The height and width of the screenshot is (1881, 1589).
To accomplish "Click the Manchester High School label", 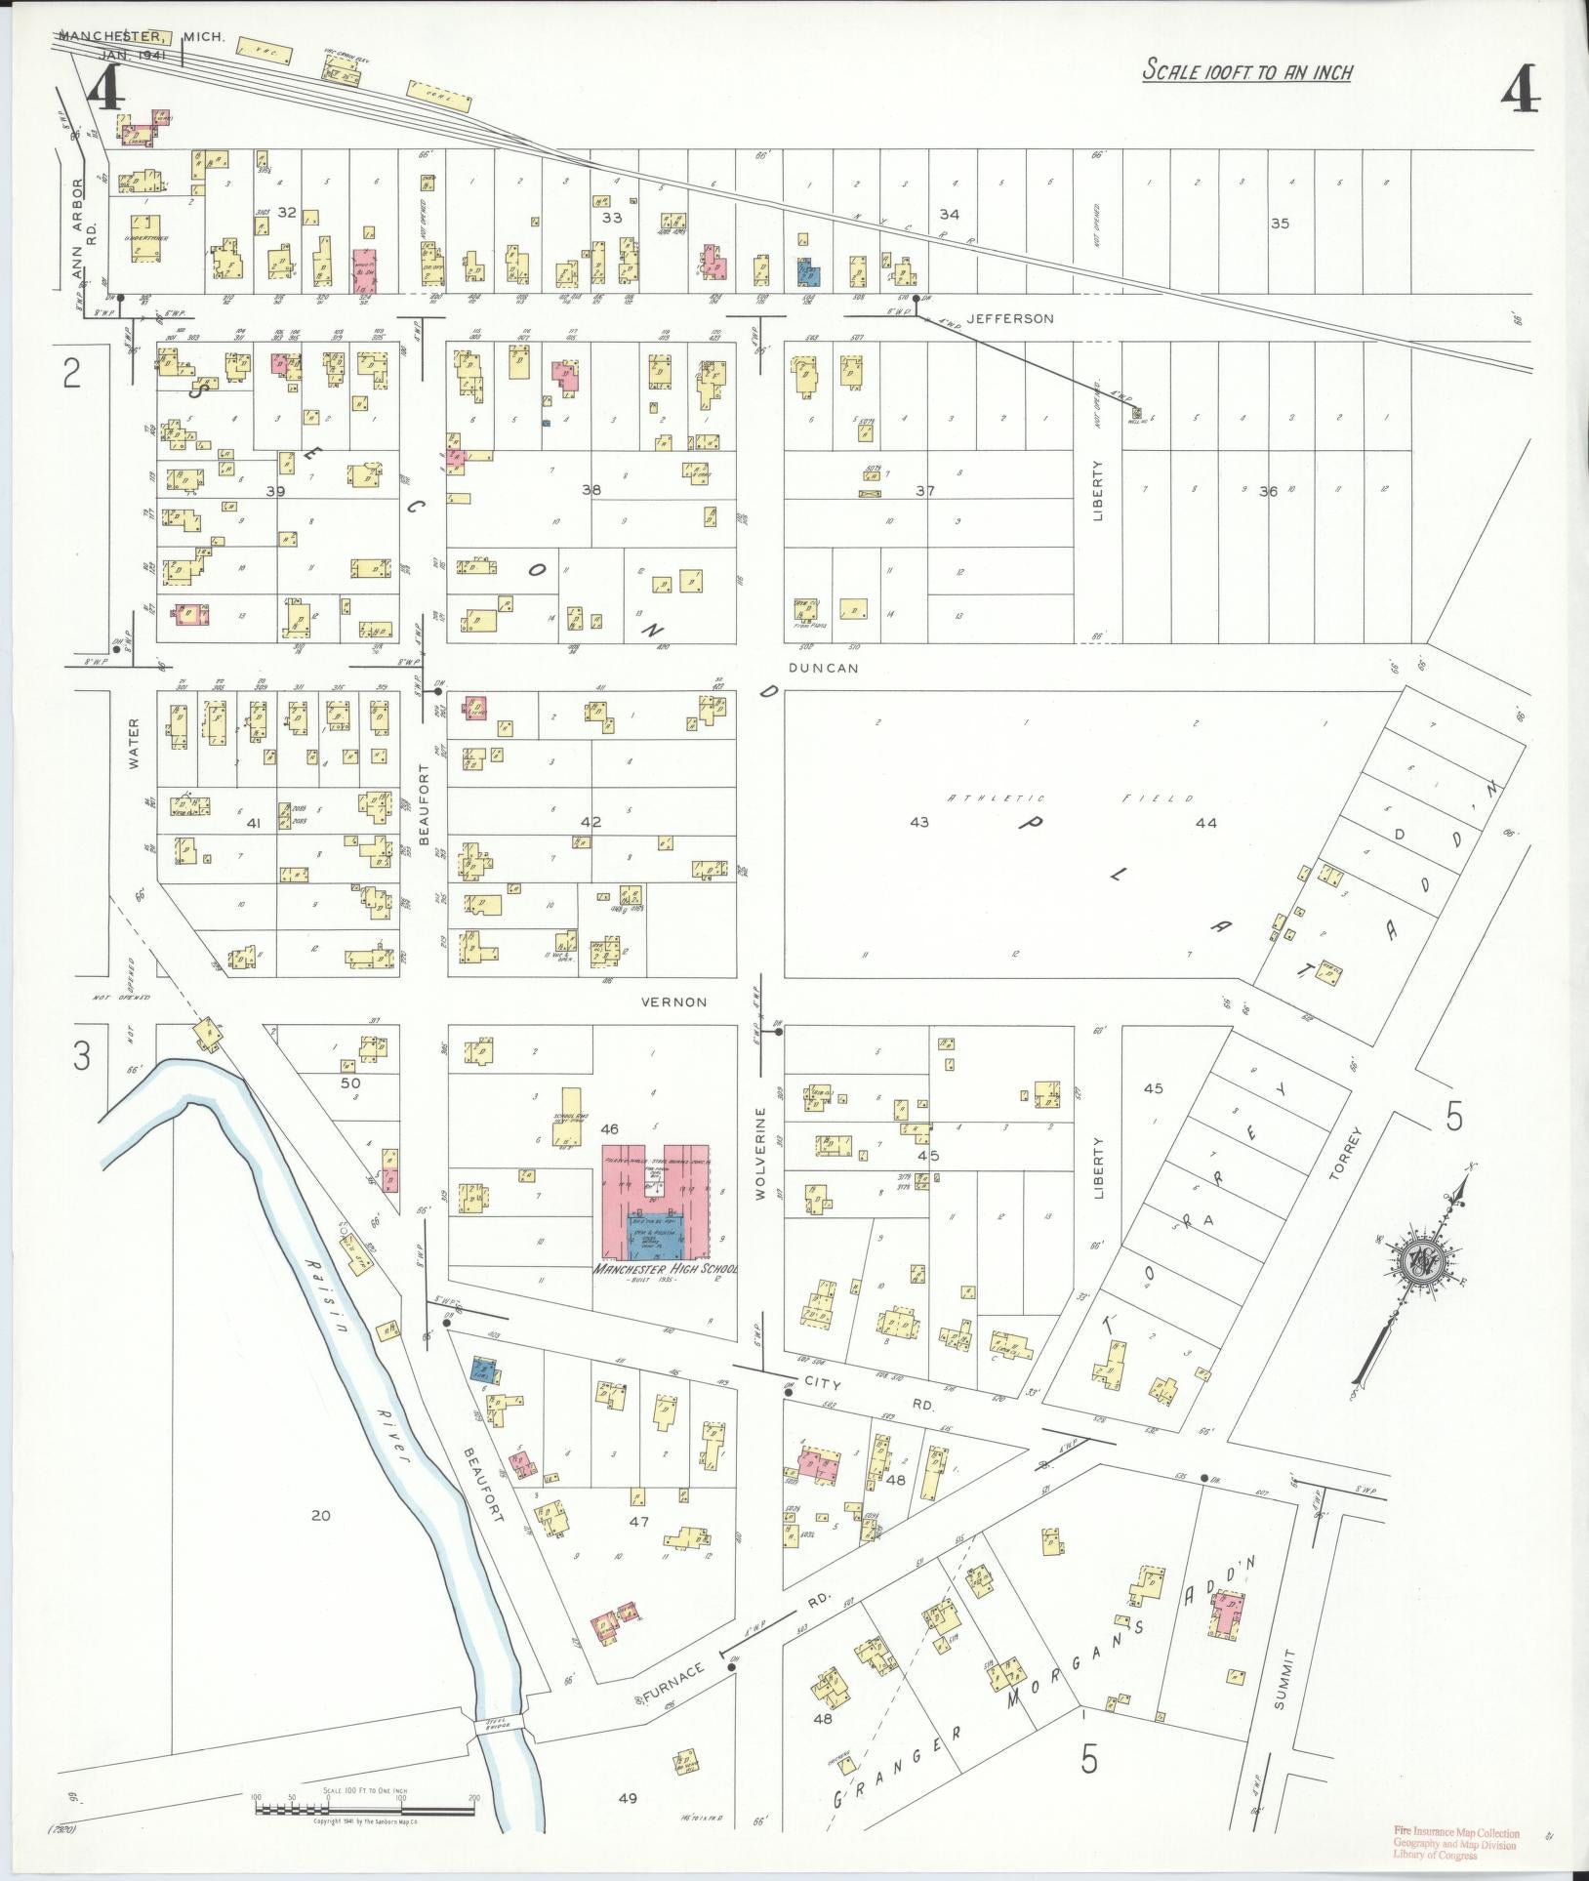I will tap(668, 1270).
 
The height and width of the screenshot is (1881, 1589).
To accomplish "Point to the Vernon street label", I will tap(673, 1002).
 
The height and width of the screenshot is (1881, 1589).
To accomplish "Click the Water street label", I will tap(134, 744).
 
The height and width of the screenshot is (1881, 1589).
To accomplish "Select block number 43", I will tap(919, 823).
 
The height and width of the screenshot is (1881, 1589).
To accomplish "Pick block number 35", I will tap(1280, 224).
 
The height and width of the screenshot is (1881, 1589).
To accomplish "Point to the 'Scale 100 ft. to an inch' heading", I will tap(1247, 71).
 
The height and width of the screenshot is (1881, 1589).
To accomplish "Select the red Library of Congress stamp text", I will tap(1455, 1842).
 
